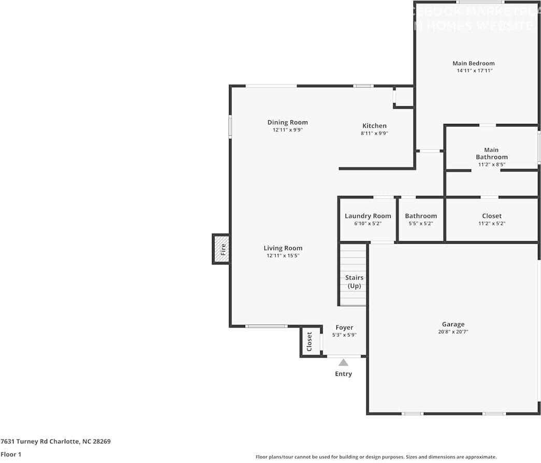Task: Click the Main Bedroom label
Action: [x=473, y=63]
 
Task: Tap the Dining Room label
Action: [x=288, y=122]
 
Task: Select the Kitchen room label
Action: [x=374, y=125]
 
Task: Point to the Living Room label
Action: [x=283, y=248]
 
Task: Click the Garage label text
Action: [x=453, y=324]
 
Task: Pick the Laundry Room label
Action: [x=368, y=216]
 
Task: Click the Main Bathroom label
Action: [x=491, y=153]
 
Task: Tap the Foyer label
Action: [x=344, y=327]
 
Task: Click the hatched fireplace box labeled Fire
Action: [x=221, y=249]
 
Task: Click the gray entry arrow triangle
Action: [x=343, y=362]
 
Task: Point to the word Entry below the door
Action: [x=343, y=374]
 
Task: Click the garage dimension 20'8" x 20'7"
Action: [x=453, y=332]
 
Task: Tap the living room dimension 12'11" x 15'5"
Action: [x=283, y=256]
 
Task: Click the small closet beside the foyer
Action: [x=310, y=341]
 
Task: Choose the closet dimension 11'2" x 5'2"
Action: [x=491, y=223]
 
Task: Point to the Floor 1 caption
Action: [x=11, y=454]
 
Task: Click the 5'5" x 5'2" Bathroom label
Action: [x=421, y=216]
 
